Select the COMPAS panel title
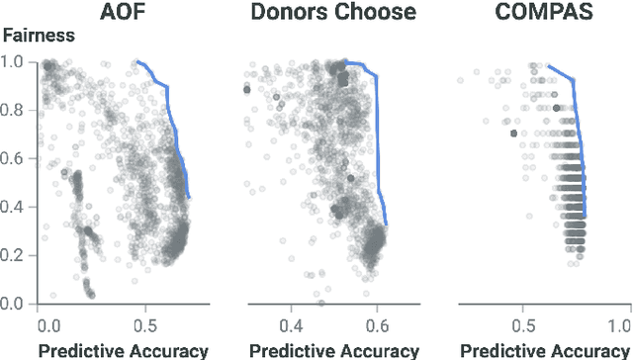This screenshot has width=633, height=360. coord(530,13)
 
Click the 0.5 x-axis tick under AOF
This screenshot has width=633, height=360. coord(143,324)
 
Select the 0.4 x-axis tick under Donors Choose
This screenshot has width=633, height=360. coord(290,324)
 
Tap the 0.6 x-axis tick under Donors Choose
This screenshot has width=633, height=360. coord(377,324)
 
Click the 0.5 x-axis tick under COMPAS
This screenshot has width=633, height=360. coord(519,324)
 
